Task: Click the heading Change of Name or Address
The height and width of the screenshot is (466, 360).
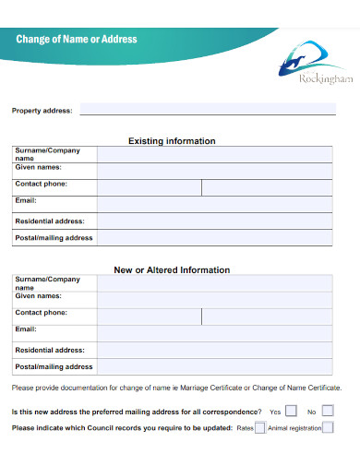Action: point(77,39)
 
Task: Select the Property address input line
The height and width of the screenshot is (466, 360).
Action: point(207,110)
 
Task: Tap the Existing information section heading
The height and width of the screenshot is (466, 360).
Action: point(172,141)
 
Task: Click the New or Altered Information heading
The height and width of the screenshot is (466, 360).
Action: point(172,270)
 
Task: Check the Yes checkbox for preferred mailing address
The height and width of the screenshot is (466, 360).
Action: point(292,411)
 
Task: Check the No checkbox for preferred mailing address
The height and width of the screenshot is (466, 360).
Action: point(328,411)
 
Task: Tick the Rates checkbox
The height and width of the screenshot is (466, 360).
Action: point(260,428)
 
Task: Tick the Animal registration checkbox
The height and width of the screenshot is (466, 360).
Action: point(329,428)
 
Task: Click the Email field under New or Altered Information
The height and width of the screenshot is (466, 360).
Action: point(215,333)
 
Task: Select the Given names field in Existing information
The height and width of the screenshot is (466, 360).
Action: point(215,171)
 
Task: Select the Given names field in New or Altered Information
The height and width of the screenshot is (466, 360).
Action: point(215,299)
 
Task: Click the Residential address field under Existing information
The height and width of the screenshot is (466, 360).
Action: point(215,221)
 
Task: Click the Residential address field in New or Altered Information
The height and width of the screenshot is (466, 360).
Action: point(215,351)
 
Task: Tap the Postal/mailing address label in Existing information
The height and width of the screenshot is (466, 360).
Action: point(54,238)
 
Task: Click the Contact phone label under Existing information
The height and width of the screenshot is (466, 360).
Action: point(42,185)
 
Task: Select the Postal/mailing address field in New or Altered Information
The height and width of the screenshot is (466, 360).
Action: point(215,367)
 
